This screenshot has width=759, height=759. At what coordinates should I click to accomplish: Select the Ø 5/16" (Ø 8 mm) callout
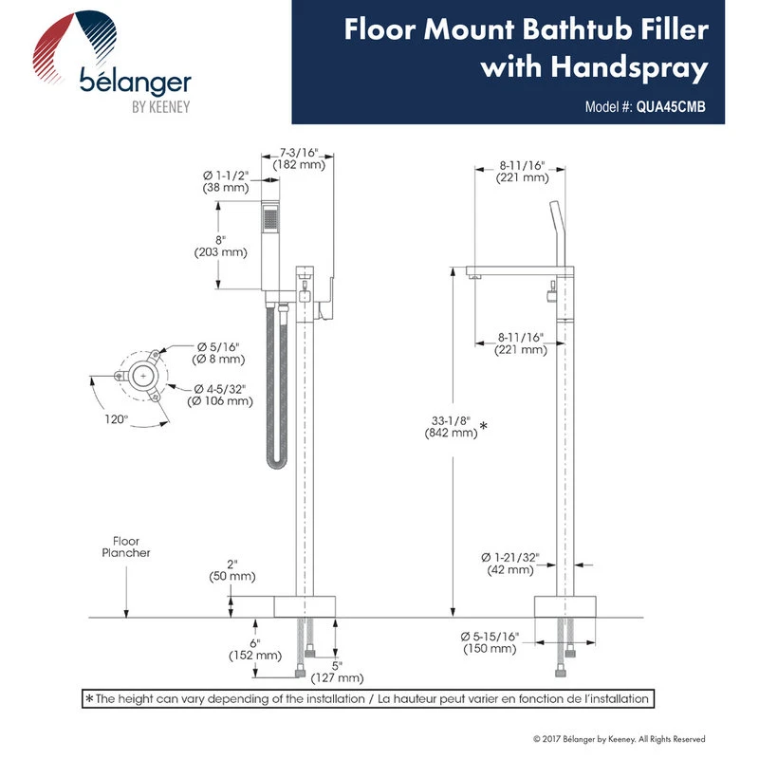(x=220, y=352)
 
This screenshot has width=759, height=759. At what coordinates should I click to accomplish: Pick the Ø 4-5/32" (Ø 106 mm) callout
(x=224, y=394)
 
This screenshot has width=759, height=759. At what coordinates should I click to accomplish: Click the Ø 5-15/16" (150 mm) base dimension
(x=490, y=642)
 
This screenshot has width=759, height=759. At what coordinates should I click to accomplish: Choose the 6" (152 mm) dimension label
(x=254, y=647)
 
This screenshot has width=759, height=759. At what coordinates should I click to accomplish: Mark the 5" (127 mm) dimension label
(x=336, y=671)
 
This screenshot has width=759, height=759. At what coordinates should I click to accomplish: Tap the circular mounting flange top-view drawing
(x=142, y=376)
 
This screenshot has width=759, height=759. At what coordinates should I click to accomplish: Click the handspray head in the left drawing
(x=270, y=220)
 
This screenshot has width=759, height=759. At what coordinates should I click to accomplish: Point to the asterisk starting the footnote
(x=89, y=699)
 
